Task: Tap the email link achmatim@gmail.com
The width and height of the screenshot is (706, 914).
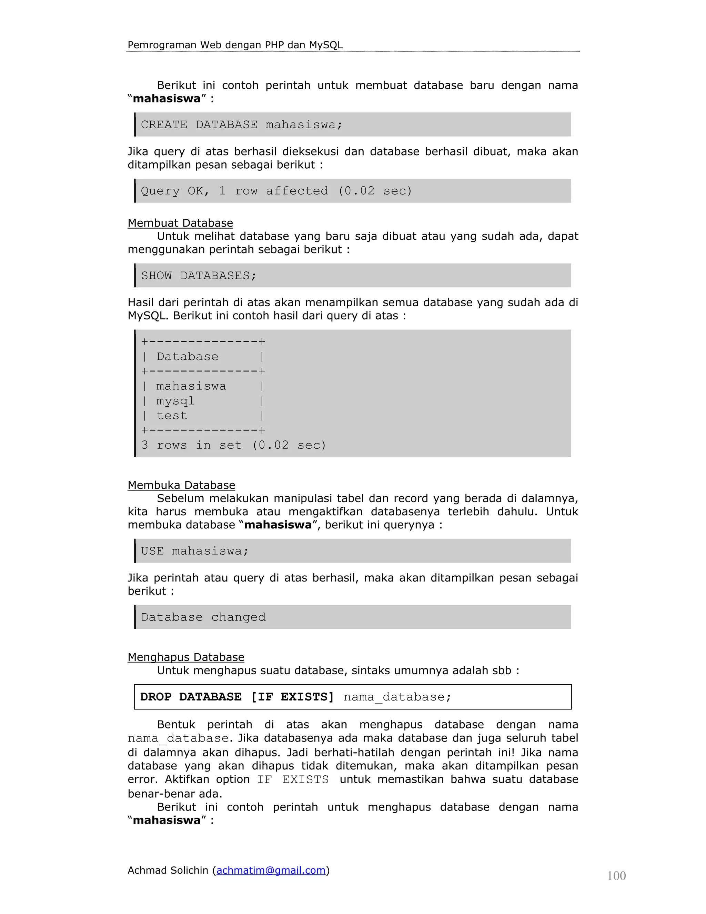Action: point(271,870)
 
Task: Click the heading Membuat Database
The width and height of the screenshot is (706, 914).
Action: point(180,223)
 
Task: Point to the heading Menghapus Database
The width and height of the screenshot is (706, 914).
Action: point(186,657)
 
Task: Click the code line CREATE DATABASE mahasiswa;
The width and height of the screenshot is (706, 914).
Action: point(241,125)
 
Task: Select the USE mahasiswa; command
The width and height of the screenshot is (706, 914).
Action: point(194,551)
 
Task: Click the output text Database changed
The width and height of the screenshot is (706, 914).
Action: point(203,617)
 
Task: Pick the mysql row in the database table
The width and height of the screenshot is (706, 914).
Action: point(175,401)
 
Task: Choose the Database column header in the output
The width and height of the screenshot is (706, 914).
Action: point(188,357)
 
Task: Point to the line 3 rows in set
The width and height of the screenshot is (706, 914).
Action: point(233,445)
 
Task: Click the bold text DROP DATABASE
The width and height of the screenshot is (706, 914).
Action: point(191,697)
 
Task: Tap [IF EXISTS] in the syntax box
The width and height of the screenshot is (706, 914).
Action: point(292,697)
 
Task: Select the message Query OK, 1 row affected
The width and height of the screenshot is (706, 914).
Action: point(276,191)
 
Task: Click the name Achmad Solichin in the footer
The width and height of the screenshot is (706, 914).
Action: point(168,870)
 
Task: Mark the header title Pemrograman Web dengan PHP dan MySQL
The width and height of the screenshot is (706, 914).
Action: point(235,45)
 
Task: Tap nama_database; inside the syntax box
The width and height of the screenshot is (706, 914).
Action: point(397,697)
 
